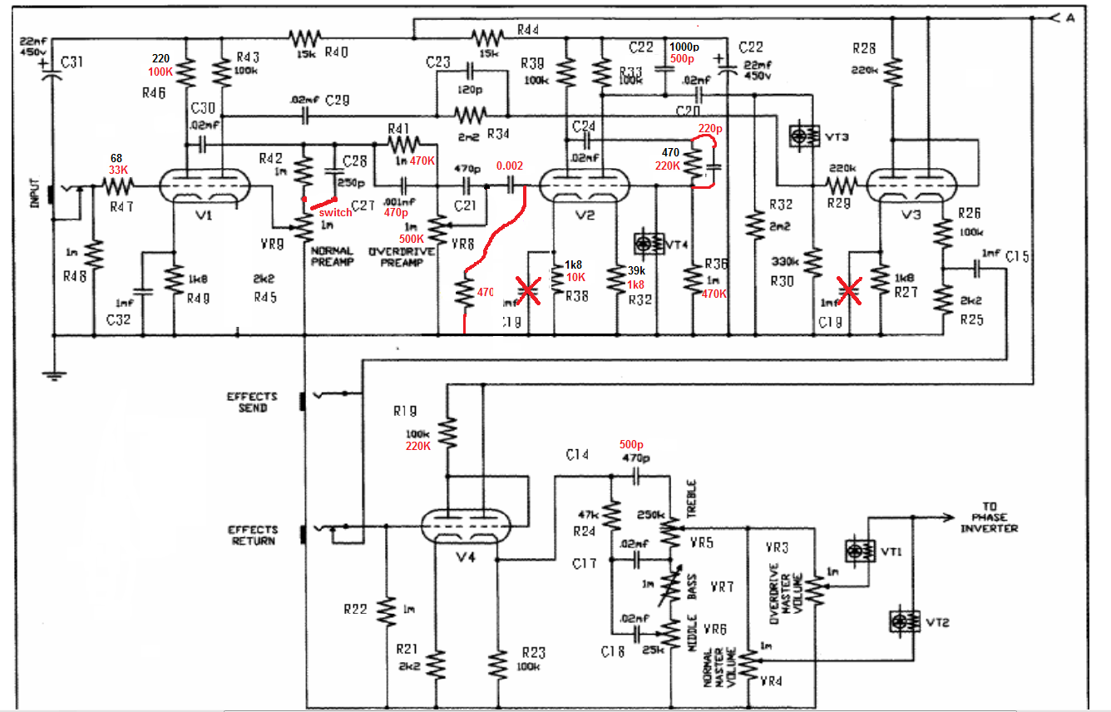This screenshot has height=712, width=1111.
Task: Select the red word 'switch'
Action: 334,212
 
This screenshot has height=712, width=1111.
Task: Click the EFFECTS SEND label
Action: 253,403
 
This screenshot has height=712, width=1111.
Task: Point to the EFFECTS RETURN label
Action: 253,535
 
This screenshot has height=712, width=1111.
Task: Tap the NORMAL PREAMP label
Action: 332,256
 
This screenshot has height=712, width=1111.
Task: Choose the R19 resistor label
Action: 407,411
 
